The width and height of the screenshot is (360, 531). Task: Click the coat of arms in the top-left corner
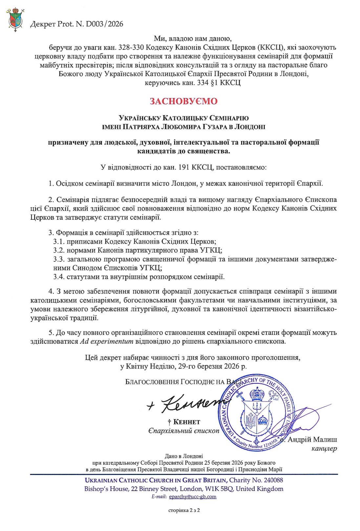(x=15, y=20)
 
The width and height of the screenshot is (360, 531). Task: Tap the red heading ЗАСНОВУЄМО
(x=183, y=101)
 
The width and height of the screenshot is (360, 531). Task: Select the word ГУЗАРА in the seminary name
(x=224, y=127)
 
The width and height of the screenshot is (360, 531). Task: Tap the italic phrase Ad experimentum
(x=106, y=341)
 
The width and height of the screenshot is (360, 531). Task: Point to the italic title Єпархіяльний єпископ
(x=183, y=431)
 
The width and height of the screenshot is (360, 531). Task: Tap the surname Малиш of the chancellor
(x=325, y=439)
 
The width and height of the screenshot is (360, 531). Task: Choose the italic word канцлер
(x=324, y=448)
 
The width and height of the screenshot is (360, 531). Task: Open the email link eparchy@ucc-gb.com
(x=193, y=497)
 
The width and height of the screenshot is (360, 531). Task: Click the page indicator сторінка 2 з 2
(x=184, y=510)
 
